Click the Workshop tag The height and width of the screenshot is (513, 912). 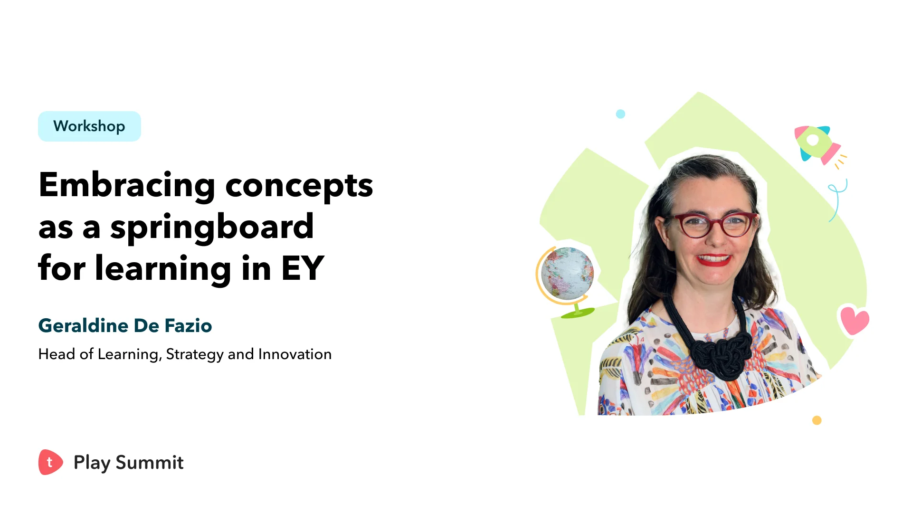(89, 126)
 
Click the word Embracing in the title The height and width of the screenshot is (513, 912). (127, 185)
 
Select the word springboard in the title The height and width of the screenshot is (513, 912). (212, 227)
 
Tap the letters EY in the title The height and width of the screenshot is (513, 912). (303, 268)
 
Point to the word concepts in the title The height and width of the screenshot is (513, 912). (299, 186)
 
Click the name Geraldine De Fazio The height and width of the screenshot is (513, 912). (125, 326)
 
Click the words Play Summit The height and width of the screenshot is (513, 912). (128, 463)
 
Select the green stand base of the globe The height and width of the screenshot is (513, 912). (578, 313)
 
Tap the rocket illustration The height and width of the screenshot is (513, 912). (817, 144)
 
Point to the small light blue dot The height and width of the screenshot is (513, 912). (620, 114)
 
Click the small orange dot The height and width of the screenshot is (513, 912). (817, 420)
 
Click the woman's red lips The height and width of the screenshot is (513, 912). (714, 260)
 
